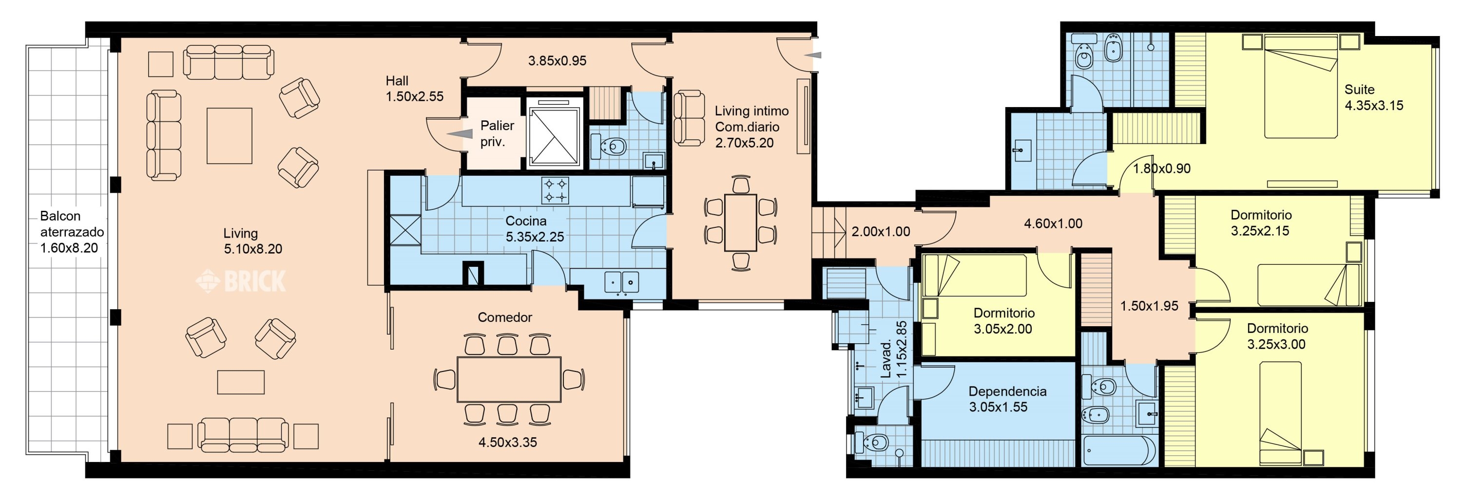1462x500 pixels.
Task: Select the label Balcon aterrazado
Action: click(x=72, y=224)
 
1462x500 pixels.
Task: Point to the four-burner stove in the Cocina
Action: click(x=555, y=190)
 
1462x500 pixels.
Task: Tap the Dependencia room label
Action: click(x=1007, y=391)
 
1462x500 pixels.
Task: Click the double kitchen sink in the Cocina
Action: click(x=621, y=282)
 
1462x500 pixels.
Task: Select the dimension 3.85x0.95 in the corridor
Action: click(x=558, y=61)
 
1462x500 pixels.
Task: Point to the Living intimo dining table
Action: click(x=741, y=222)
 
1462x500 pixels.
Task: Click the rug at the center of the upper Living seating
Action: click(x=229, y=135)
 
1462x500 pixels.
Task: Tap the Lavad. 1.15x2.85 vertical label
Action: click(x=893, y=351)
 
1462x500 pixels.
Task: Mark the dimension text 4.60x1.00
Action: click(x=1053, y=224)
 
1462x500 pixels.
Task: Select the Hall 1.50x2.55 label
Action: click(x=414, y=89)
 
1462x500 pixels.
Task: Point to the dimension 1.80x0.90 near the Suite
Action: click(x=1162, y=168)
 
